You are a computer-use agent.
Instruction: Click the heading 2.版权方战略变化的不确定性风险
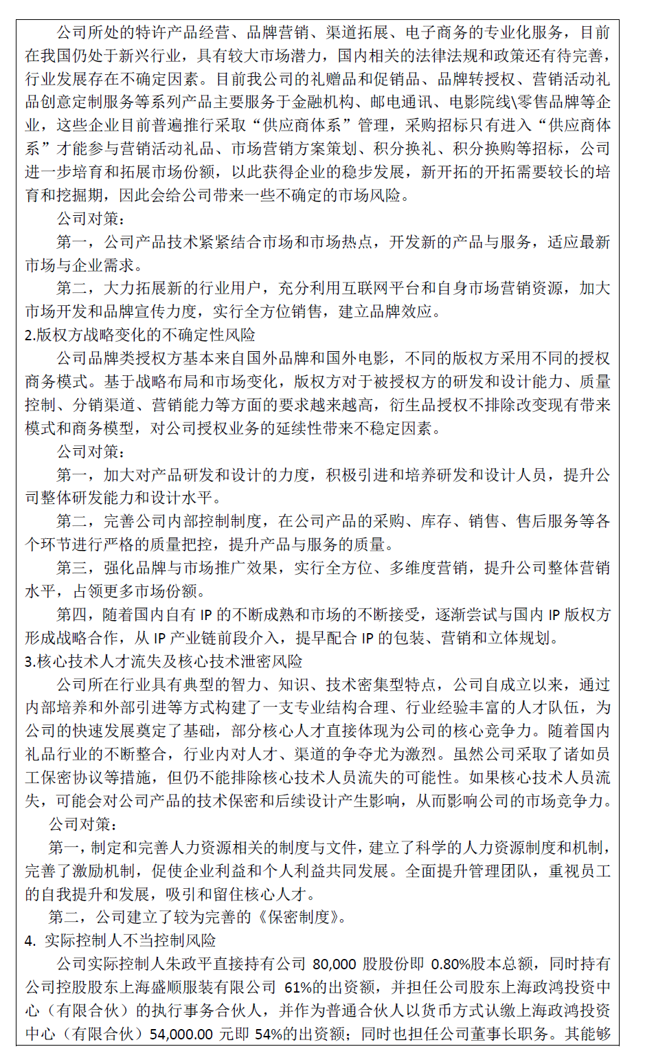click(x=140, y=335)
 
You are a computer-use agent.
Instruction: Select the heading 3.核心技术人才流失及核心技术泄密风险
click(x=163, y=661)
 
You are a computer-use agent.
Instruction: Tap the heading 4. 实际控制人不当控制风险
click(x=120, y=940)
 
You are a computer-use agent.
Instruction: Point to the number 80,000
click(x=334, y=964)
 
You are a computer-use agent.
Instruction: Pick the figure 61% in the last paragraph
click(x=299, y=987)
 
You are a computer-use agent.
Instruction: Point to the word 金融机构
click(x=324, y=102)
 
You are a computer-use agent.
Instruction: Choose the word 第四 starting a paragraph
click(x=72, y=615)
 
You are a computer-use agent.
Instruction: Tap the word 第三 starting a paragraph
click(x=72, y=568)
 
